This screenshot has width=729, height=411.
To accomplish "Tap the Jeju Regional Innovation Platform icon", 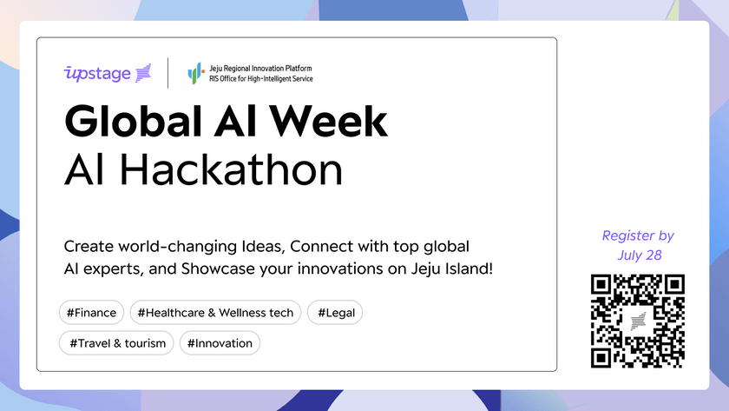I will tap(195, 73).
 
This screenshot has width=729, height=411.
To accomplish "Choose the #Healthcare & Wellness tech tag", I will tap(215, 312).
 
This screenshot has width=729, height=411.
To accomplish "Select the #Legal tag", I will tap(335, 312).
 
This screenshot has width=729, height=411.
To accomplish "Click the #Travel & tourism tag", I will tap(117, 342).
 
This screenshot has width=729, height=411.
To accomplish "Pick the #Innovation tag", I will tap(220, 342).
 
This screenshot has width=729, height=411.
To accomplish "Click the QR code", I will tap(638, 321).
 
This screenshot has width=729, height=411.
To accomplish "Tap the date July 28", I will tap(638, 255).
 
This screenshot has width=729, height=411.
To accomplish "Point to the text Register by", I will tap(638, 235).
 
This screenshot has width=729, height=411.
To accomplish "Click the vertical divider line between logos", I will tap(167, 73).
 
